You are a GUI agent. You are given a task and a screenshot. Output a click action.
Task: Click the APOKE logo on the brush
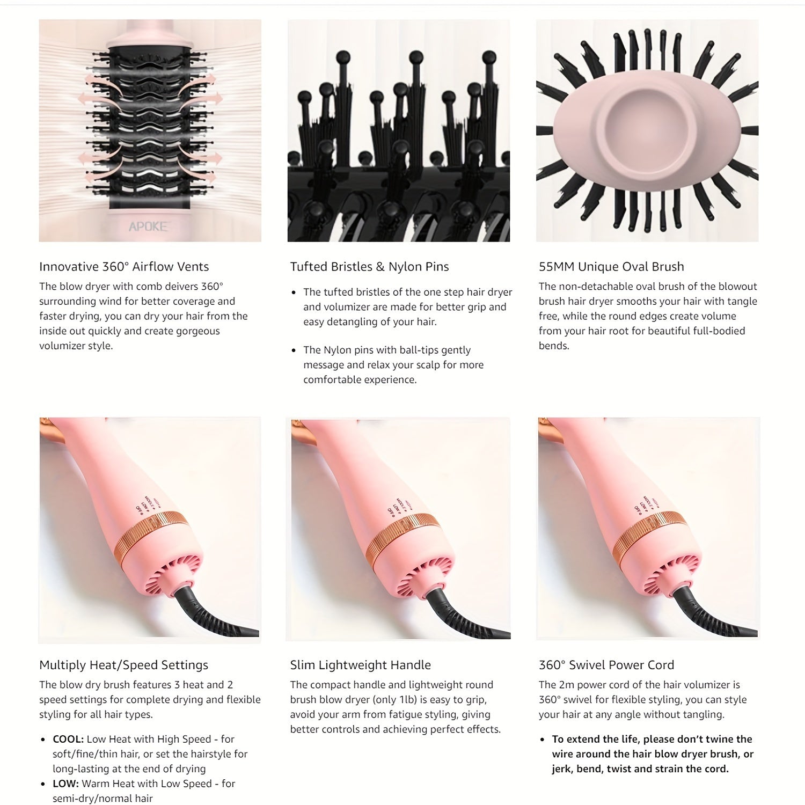pos(148,226)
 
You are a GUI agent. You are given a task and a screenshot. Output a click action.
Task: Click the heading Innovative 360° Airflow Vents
pos(124,267)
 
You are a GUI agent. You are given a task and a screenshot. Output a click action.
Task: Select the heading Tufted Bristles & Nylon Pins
pos(369,267)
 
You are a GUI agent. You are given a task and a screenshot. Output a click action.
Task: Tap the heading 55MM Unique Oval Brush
pos(611,267)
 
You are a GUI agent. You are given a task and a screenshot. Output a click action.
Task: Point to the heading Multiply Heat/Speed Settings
pos(123,665)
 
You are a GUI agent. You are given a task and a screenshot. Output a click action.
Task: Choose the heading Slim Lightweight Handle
pos(360,665)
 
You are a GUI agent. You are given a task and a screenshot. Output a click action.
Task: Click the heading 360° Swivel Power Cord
pos(606,665)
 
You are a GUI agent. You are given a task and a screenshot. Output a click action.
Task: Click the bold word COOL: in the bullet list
pos(68,739)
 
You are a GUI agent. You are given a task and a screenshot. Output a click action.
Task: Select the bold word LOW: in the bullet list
pos(65,784)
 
